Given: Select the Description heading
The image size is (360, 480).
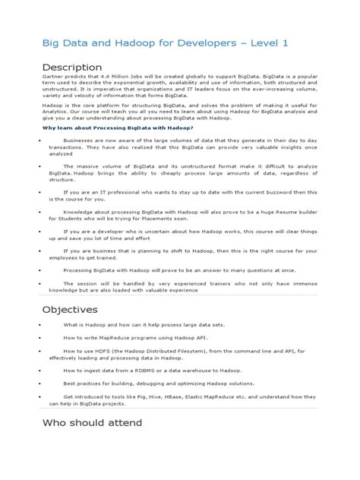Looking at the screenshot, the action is [72, 68].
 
